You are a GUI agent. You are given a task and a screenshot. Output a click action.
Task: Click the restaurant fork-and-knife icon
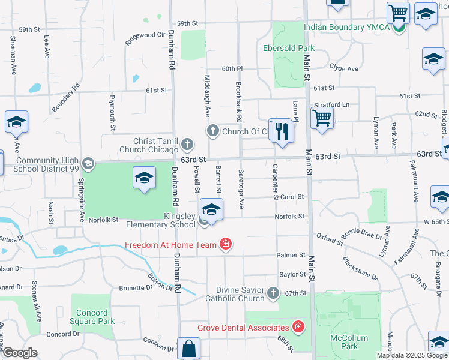pos(281,131)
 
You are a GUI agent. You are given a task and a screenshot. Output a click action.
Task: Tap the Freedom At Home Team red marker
pos(226,244)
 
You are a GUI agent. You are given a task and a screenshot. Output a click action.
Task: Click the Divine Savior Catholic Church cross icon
pos(273,293)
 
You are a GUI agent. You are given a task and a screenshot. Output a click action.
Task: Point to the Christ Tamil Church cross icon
pos(188,143)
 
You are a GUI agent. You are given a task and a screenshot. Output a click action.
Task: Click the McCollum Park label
pos(349,342)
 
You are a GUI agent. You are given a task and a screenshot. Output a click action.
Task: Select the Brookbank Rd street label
pos(238,99)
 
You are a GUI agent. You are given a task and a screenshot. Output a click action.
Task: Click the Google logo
pos(20,353)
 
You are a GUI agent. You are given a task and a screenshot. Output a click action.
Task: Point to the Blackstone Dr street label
pos(360,269)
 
